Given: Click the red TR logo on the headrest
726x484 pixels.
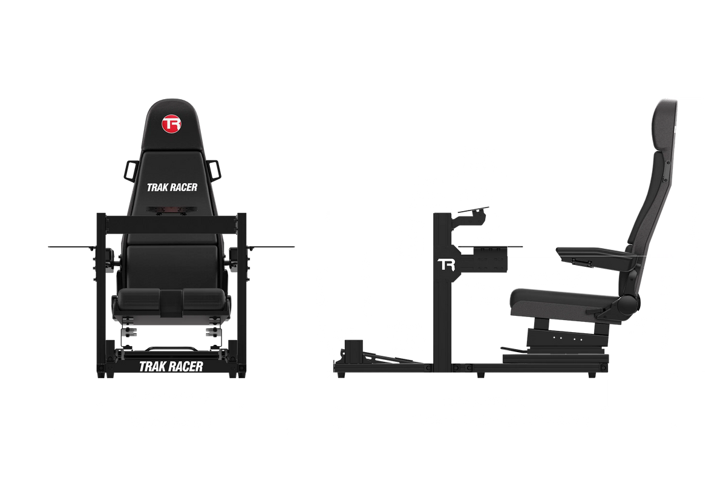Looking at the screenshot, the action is coord(171,125).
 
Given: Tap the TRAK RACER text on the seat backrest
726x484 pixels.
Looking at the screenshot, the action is coord(172,188).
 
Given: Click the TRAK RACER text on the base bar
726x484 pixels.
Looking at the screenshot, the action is coord(171,366).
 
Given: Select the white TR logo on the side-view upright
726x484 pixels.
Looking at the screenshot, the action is coord(446,264).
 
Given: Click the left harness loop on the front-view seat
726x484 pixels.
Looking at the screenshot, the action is coord(129,170).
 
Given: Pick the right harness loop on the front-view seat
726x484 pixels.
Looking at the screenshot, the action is coord(214,170).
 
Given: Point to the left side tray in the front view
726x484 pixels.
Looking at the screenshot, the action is coord(71,247).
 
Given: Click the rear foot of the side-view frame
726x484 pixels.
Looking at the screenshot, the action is coord(592,374).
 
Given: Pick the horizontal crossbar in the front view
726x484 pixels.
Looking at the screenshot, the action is coord(171,223).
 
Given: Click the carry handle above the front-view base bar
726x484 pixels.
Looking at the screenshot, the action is coord(171,348).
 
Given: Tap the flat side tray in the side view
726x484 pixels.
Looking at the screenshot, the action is coord(491,247).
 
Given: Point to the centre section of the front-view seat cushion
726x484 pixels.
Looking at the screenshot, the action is coord(171,302).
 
